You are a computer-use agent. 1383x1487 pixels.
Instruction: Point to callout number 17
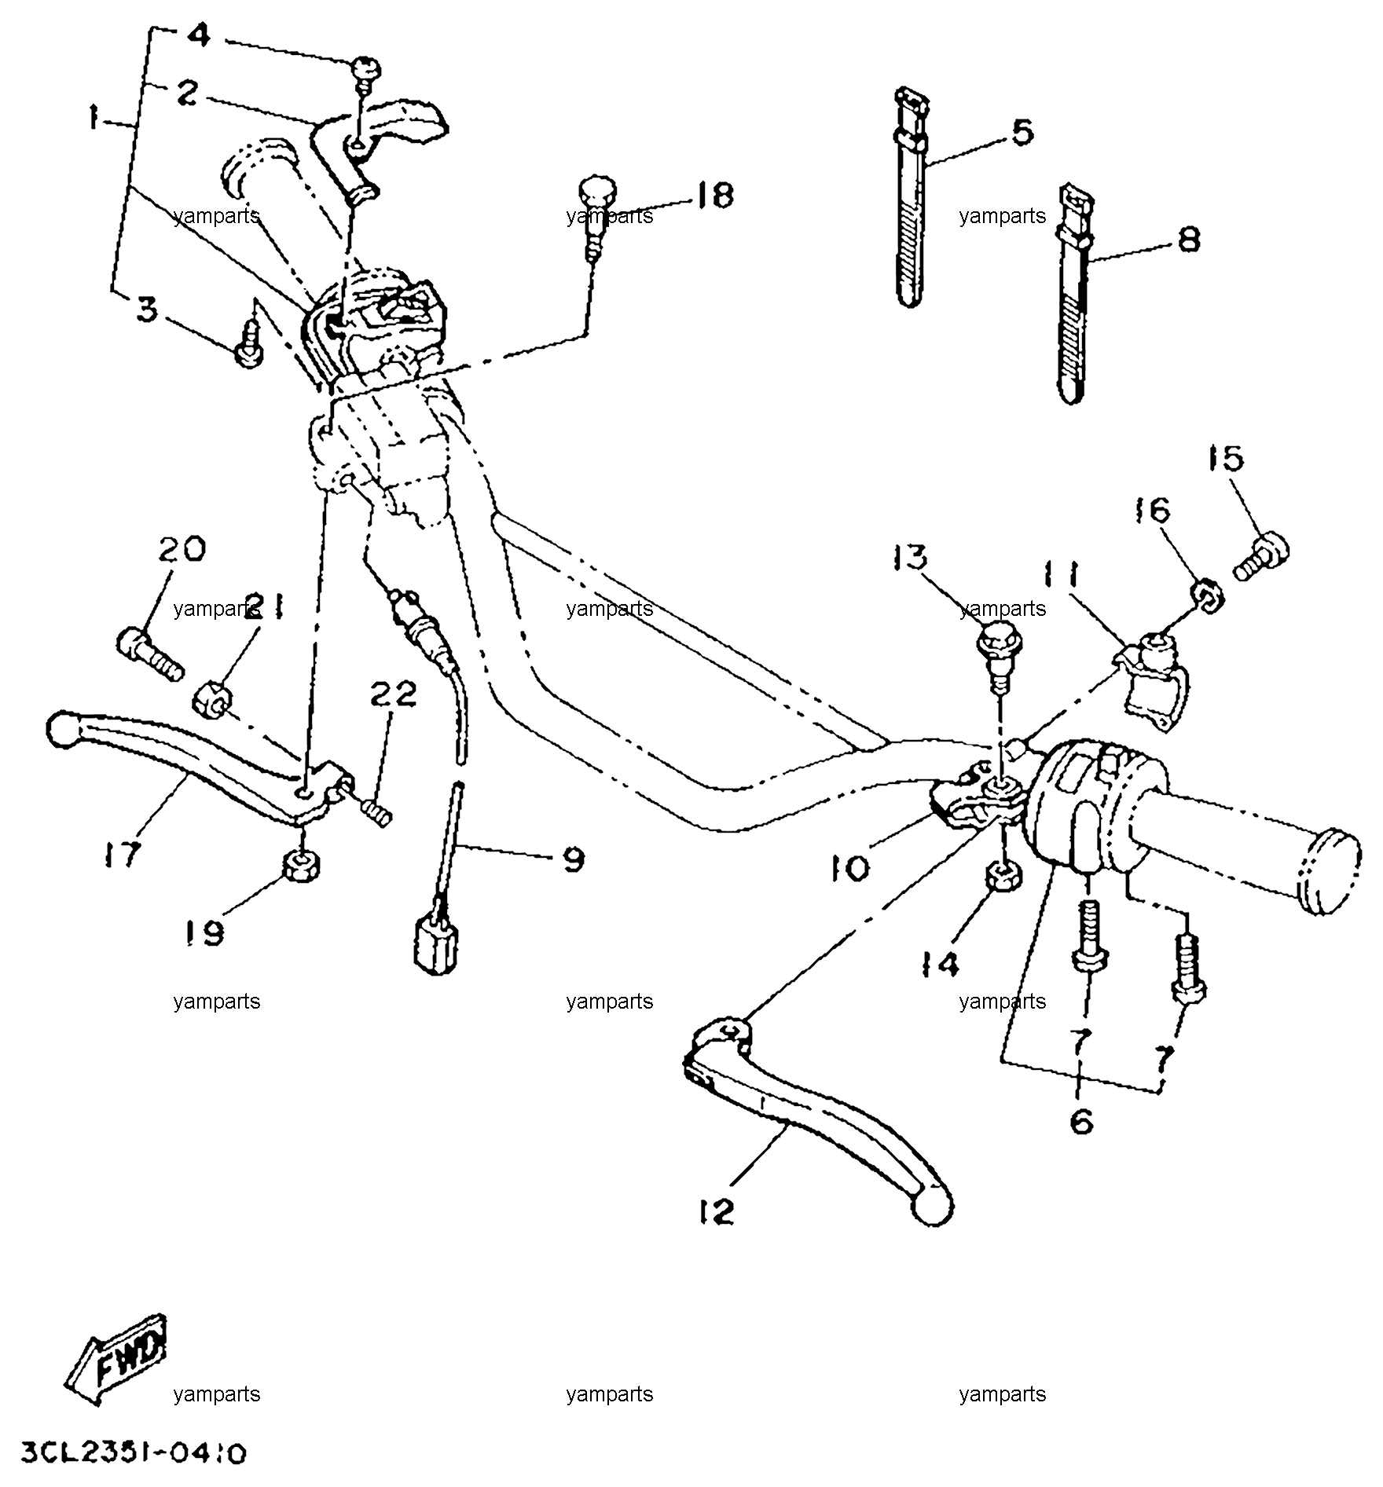point(122,853)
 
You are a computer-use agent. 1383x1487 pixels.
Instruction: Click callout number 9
point(574,859)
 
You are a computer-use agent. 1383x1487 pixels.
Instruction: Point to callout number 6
point(1082,1122)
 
